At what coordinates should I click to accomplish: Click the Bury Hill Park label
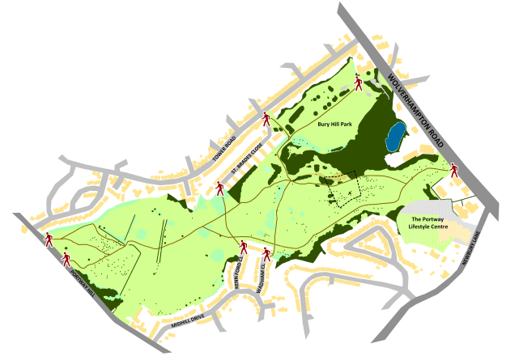tap(334, 125)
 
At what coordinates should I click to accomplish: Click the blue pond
tap(394, 138)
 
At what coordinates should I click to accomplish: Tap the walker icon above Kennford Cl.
tap(243, 246)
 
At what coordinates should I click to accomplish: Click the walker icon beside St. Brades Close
tap(219, 188)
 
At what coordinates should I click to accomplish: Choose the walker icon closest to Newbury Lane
tap(454, 171)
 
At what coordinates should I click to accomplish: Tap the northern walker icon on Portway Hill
tap(49, 239)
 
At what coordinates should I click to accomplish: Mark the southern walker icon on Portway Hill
tap(67, 259)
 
